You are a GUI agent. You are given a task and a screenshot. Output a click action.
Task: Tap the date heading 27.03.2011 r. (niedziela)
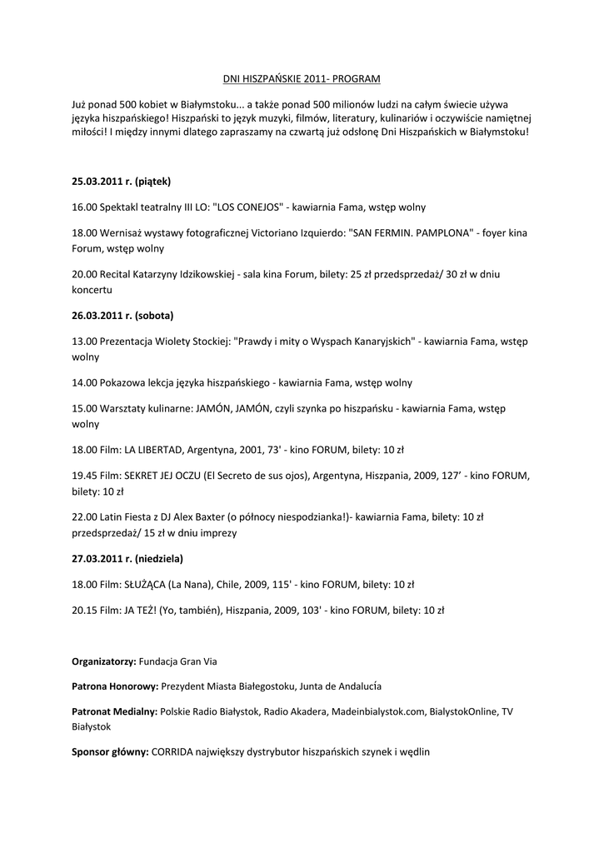click(127, 558)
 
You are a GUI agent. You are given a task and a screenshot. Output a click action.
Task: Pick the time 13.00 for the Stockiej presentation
click(84, 342)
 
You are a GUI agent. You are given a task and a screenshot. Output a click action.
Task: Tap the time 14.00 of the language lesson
click(84, 383)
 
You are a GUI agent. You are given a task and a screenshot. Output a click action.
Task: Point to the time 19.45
click(84, 476)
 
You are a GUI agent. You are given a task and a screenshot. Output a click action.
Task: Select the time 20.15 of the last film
click(84, 611)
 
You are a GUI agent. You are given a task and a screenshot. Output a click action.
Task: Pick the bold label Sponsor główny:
click(110, 752)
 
